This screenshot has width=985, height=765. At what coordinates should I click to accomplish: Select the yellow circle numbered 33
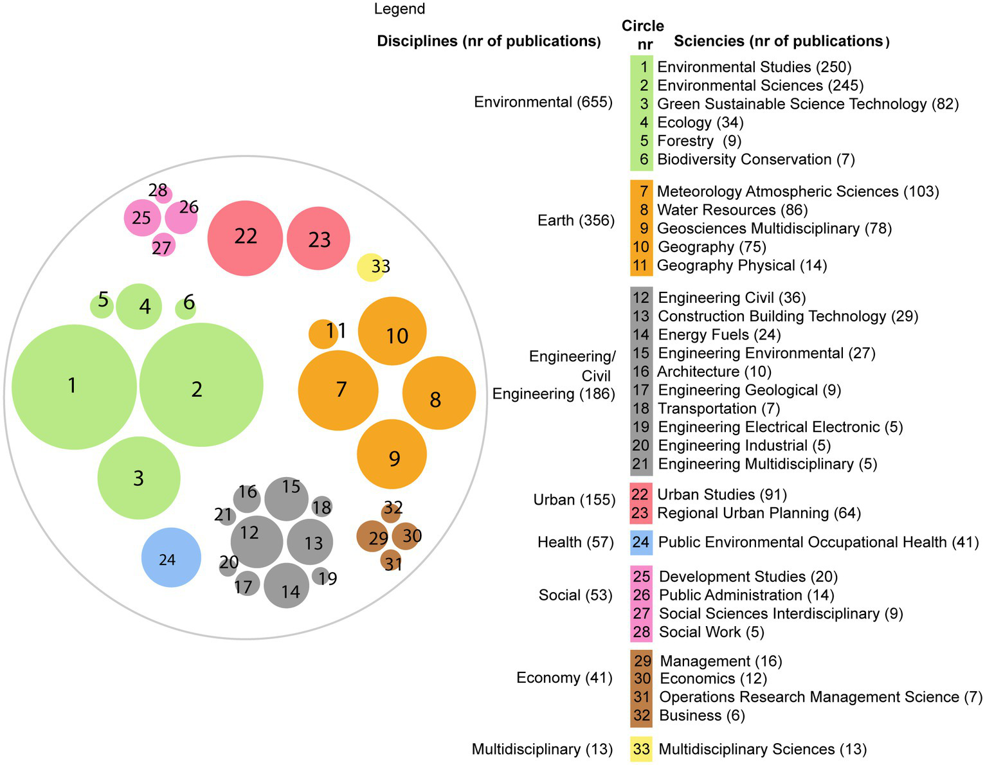coord(370,267)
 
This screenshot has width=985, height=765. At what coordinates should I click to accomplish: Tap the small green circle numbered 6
coord(186,309)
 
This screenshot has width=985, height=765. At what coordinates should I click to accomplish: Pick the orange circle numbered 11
coord(323,334)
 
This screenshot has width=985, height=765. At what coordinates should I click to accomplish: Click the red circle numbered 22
coord(245,239)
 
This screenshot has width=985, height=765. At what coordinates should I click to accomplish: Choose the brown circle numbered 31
coord(391,561)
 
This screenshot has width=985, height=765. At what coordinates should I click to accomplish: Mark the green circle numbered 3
coord(139,478)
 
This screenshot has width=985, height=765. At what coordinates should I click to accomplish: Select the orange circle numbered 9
coord(392,455)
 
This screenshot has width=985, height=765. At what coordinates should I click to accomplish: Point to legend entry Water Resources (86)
coord(732,210)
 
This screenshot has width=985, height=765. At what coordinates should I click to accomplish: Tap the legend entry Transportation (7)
coord(718,409)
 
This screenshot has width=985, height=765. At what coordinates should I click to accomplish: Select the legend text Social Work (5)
coord(711,632)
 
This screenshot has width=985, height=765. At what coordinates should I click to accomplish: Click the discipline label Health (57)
coord(575,543)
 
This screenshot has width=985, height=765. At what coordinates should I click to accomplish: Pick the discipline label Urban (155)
coord(574,500)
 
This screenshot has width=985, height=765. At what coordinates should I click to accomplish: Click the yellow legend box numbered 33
coord(641,749)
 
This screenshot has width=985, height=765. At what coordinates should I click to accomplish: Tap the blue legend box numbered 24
coord(641,543)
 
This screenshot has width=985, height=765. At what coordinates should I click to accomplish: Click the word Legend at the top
coord(399,9)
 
